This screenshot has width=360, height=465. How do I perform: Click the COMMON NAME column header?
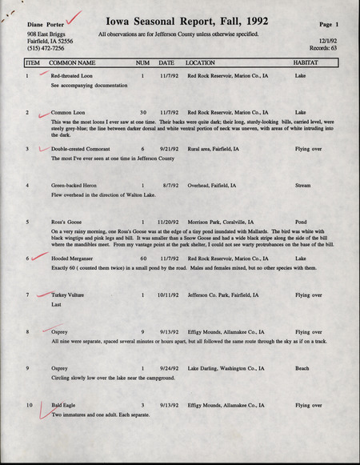72,62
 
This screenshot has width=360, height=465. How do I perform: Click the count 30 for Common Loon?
143,113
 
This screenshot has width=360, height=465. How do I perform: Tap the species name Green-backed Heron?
77,186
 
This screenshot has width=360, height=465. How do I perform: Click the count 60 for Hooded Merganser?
143,259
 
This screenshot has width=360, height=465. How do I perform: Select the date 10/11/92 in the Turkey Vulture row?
168,295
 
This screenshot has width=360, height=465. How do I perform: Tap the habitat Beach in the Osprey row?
302,369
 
